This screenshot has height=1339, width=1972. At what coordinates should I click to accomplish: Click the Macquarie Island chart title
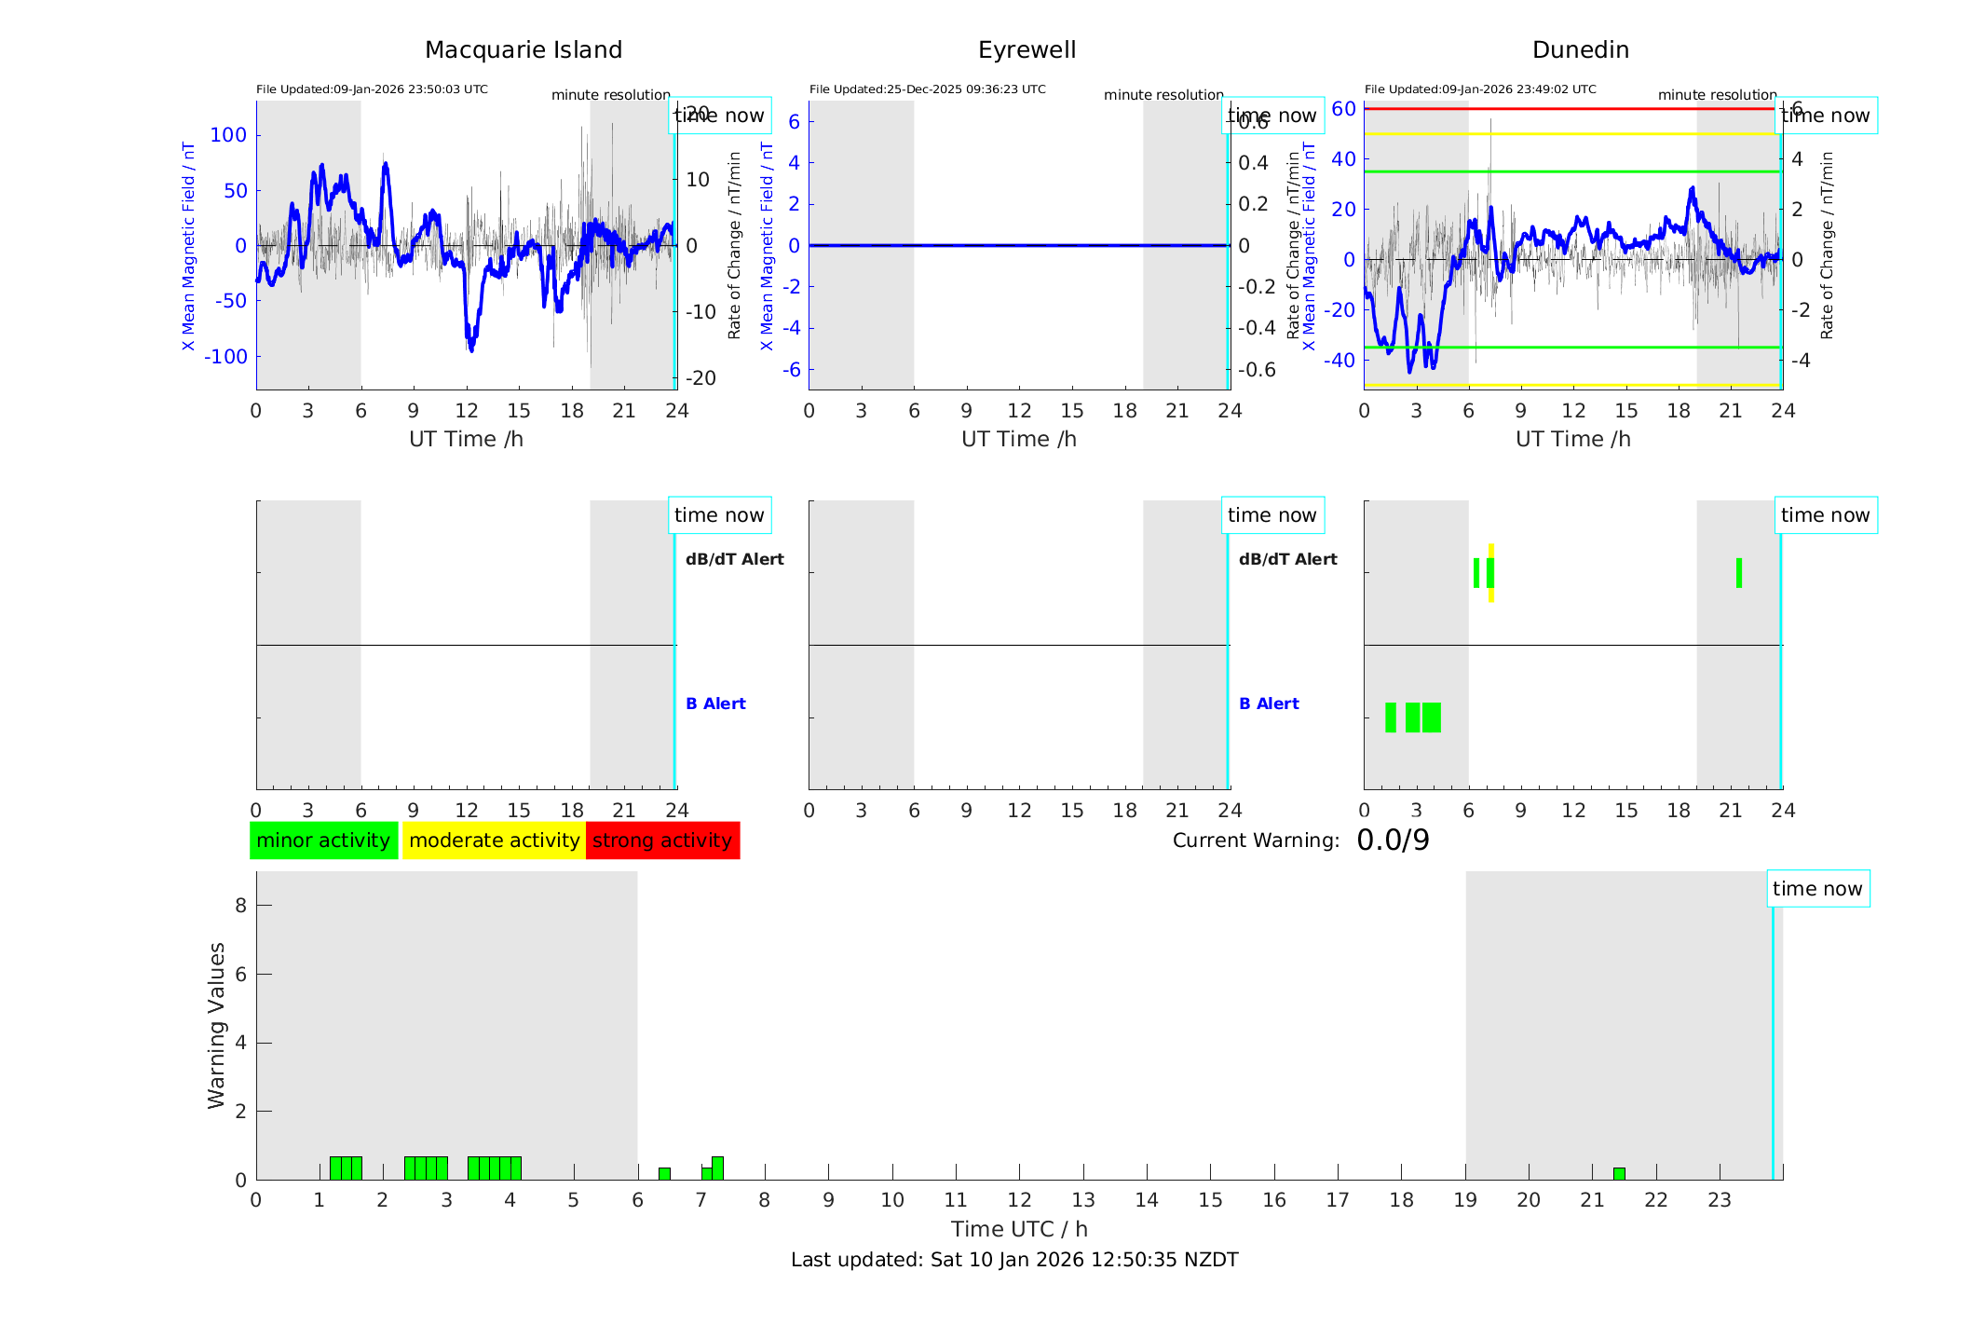click(523, 50)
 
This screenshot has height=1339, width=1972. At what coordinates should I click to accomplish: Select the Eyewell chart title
click(1027, 50)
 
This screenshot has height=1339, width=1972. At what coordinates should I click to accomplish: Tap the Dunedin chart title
click(1580, 50)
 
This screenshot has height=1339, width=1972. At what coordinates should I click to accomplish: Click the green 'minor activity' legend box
click(323, 840)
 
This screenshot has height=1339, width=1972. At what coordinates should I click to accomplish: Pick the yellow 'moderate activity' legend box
click(494, 840)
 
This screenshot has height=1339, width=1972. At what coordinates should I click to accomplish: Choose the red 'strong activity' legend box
click(662, 840)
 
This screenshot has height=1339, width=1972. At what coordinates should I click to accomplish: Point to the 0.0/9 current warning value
click(1393, 840)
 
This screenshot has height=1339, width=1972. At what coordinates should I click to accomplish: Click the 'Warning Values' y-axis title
click(217, 1025)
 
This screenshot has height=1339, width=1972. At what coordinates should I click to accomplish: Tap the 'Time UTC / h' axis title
click(1019, 1229)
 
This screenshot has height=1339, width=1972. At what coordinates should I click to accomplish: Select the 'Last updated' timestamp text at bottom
click(1014, 1260)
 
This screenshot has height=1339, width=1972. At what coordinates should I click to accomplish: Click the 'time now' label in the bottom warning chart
click(1817, 889)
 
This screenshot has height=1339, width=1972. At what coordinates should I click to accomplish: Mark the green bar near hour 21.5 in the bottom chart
click(1619, 1174)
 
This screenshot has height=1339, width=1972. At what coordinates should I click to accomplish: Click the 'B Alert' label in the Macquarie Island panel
click(715, 704)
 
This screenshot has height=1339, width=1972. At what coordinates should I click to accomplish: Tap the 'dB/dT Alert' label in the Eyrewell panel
click(1287, 559)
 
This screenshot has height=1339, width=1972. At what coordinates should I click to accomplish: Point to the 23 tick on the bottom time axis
click(1719, 1200)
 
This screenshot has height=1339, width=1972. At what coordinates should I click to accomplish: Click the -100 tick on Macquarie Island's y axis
click(227, 357)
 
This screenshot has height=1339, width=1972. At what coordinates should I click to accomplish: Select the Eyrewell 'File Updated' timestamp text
click(927, 89)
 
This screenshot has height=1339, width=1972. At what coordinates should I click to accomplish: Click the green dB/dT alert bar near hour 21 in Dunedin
click(1739, 573)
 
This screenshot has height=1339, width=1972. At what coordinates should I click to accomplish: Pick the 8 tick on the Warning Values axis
click(240, 905)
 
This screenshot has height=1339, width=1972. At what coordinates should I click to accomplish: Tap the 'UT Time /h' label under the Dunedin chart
click(1572, 439)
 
